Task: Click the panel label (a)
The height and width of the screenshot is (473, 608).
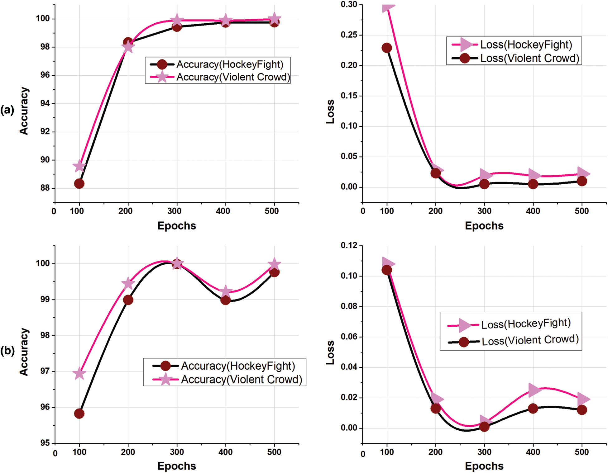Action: tap(7, 110)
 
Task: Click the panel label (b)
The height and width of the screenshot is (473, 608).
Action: tap(7, 351)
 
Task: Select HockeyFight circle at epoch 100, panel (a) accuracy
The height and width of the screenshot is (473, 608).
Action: tap(79, 183)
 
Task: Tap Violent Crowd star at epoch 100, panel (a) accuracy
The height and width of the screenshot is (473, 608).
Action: tap(79, 166)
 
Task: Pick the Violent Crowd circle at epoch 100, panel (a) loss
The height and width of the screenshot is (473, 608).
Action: tap(387, 48)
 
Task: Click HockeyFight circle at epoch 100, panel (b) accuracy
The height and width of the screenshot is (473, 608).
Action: tap(79, 414)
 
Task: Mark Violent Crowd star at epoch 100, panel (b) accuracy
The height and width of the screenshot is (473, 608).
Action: tap(79, 373)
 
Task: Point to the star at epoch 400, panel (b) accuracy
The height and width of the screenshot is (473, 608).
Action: tap(225, 292)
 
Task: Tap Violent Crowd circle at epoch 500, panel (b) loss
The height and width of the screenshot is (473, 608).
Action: tap(582, 410)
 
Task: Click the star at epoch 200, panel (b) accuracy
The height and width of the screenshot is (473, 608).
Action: tap(128, 284)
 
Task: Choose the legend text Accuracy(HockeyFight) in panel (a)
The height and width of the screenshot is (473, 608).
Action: tap(230, 64)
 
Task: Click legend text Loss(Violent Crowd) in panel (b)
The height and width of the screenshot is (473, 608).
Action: tap(530, 340)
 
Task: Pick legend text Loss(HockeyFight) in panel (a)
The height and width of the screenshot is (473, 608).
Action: tap(526, 45)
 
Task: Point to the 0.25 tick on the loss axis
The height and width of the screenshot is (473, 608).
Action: tap(349, 35)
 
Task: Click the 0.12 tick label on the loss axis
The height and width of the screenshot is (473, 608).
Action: tap(349, 245)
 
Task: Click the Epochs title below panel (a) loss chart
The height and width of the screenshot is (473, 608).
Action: tap(484, 226)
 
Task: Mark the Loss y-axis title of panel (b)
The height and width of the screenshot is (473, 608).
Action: tap(330, 352)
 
